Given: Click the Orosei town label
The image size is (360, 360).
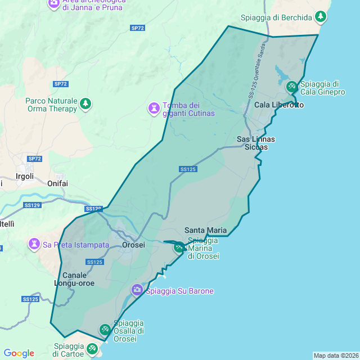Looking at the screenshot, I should coord(134,245).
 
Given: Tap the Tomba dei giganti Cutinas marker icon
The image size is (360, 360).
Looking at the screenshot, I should coord(154,107).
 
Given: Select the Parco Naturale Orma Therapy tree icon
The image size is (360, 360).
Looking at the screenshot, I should coord(85,103).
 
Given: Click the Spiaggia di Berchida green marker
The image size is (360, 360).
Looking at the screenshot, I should coord(321,16).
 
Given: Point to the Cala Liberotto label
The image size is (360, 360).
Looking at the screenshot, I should coord(279,105).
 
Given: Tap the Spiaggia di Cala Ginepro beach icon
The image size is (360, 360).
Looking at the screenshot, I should coord(291,87).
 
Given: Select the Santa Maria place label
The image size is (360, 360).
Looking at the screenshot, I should coord(206,230).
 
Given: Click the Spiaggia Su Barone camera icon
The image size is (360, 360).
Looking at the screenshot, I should coord(137,290).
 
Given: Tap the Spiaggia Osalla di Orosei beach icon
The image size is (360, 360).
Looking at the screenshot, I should coord(105,329).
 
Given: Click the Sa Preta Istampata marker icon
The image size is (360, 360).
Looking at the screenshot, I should coord(34,244).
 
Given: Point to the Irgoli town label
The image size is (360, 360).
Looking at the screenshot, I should coord(25,176).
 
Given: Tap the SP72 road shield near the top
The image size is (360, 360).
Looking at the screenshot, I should coord(138,28).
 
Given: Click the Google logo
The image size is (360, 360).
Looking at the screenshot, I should coord(19,353).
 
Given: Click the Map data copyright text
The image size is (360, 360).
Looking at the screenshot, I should coord(336,355).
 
